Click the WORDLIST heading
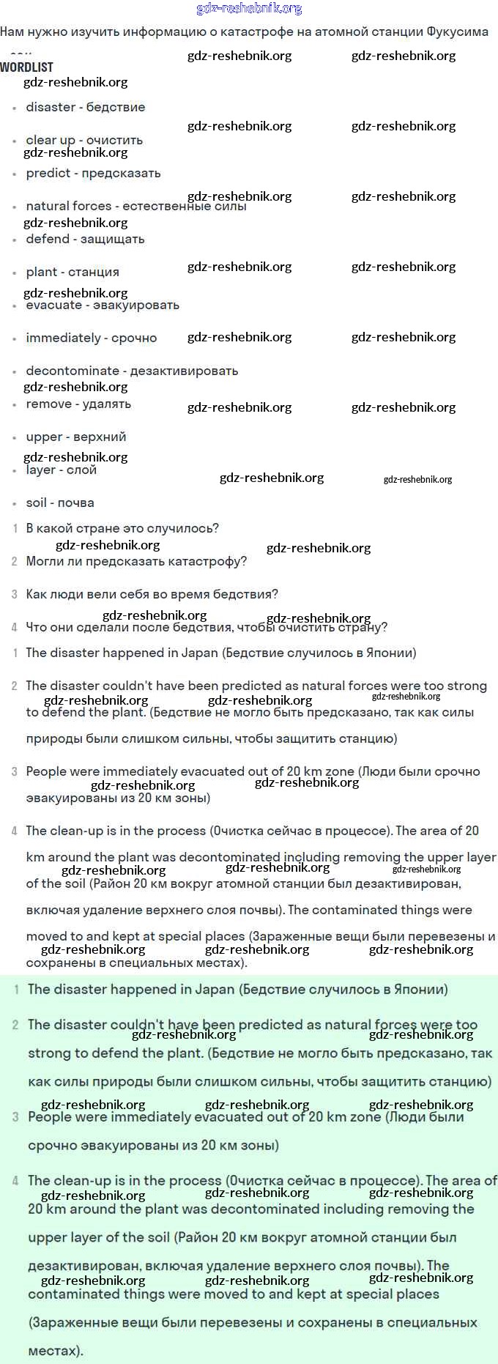pyautogui.click(x=26, y=67)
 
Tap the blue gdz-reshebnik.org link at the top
pyautogui.click(x=249, y=9)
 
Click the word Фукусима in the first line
pyautogui.click(x=457, y=31)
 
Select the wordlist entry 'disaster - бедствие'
pyautogui.click(x=85, y=107)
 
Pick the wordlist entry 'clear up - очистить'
pyautogui.click(x=84, y=140)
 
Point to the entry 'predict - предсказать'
pyautogui.click(x=93, y=173)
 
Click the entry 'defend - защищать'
pyautogui.click(x=85, y=239)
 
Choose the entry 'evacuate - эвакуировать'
pyautogui.click(x=103, y=305)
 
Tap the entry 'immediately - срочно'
pyautogui.click(x=92, y=338)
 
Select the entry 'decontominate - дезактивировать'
pyautogui.click(x=132, y=371)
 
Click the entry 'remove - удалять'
pyautogui.click(x=78, y=404)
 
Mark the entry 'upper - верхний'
pyautogui.click(x=76, y=437)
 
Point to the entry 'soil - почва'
pyautogui.click(x=60, y=503)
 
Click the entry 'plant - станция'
pyautogui.click(x=73, y=272)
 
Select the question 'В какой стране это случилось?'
pyautogui.click(x=122, y=528)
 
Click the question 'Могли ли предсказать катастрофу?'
pyautogui.click(x=136, y=561)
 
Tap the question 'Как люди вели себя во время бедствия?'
pyautogui.click(x=152, y=594)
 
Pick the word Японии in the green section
pyautogui.click(x=420, y=989)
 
